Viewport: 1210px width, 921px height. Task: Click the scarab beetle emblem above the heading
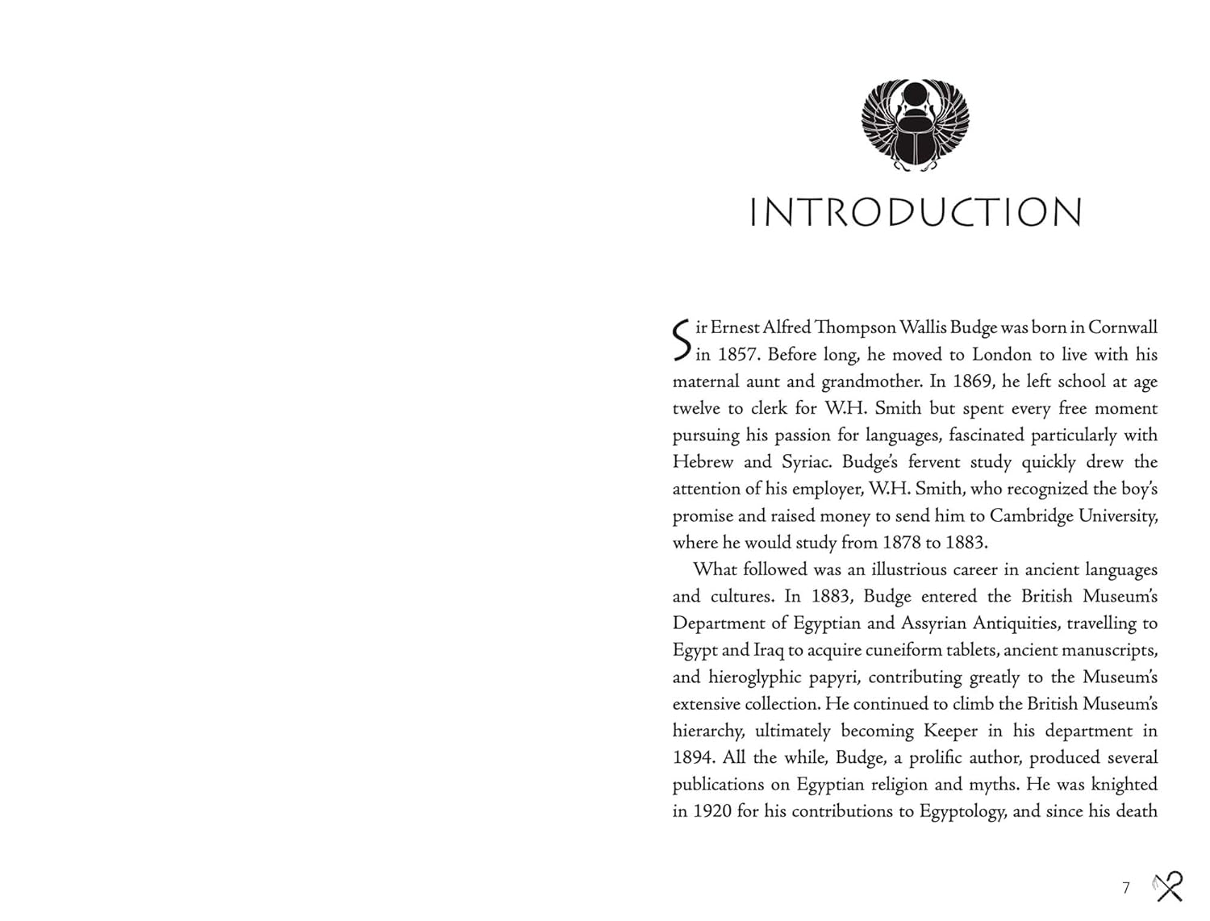(915, 125)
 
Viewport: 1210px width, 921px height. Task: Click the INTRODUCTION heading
(916, 213)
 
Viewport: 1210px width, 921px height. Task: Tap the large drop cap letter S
(682, 340)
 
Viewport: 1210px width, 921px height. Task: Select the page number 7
(1126, 888)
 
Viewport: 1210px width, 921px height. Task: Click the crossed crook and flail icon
(1168, 886)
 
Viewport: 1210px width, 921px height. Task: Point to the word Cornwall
(1122, 328)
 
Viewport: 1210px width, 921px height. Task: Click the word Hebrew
(703, 462)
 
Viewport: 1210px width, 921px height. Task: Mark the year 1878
(900, 543)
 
